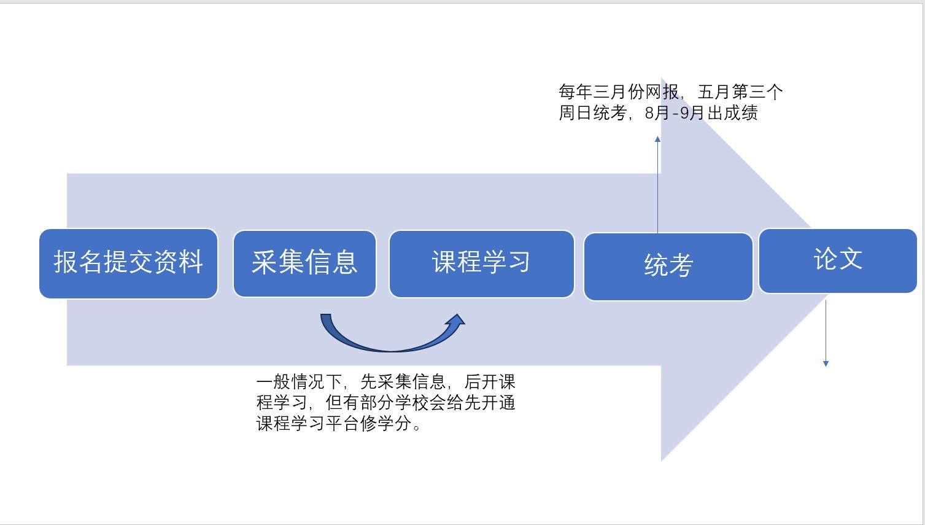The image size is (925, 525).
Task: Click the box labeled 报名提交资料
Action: [128, 263]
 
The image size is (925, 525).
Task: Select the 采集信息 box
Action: [304, 263]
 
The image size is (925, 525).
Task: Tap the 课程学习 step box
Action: [481, 263]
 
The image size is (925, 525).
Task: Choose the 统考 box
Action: [668, 266]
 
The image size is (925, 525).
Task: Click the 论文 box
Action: [837, 261]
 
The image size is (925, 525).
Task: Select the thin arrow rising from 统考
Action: [657, 184]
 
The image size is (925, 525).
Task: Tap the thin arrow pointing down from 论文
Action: [826, 335]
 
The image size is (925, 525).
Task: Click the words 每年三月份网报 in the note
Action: [619, 92]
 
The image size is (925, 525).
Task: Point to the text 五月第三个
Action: [740, 92]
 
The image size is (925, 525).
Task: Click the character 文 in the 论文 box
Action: [851, 259]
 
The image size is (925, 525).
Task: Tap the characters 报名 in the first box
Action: [78, 262]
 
